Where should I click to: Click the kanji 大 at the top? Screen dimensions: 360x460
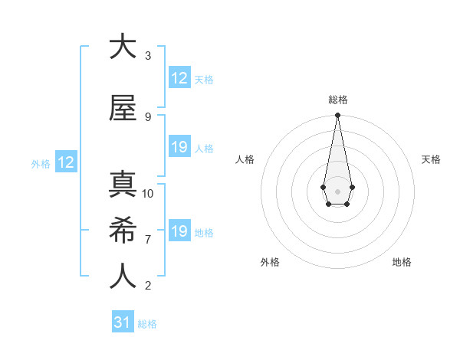[121, 47]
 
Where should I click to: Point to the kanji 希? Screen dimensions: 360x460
[121, 231]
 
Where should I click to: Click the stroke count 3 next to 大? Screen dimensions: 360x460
[148, 56]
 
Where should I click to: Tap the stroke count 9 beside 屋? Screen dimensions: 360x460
[148, 116]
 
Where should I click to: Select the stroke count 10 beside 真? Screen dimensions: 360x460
[148, 194]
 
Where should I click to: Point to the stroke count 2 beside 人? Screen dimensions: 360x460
[148, 286]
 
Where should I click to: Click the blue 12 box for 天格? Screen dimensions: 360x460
[179, 78]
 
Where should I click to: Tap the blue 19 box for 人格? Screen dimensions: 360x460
[179, 147]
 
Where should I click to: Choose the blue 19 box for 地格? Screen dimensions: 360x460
[179, 231]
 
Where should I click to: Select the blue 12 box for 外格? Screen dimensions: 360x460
[65, 162]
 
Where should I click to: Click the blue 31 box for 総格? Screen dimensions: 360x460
[123, 322]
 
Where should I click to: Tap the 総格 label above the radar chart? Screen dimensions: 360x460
[338, 100]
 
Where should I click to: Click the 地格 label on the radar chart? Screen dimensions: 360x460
[402, 262]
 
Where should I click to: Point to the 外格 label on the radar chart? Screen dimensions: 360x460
[270, 262]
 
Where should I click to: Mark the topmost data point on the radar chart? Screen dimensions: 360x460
[337, 116]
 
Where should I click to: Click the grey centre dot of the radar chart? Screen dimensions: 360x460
[337, 190]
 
